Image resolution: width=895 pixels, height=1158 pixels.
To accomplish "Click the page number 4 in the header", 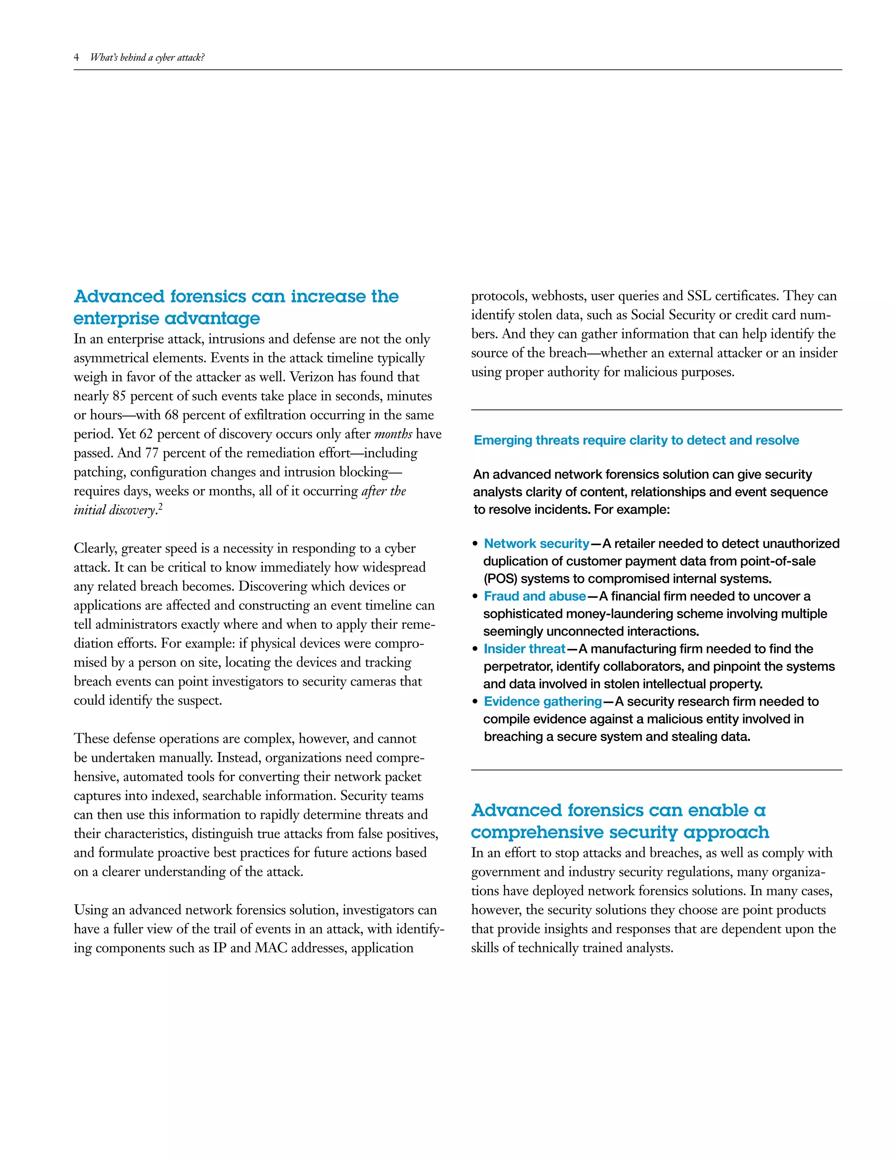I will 76,57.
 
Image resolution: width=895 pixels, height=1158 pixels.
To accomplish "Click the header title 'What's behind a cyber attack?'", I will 147,57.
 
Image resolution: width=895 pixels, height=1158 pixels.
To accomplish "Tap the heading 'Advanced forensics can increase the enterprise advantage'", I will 236,307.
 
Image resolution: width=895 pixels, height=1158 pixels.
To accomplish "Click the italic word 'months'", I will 393,434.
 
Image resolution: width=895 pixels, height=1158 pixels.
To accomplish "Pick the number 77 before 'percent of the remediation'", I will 152,453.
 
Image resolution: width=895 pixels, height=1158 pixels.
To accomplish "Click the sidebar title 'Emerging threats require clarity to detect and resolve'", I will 636,440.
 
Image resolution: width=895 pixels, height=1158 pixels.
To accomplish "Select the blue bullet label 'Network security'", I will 536,544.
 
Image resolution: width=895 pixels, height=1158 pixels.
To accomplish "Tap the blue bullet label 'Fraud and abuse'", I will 534,596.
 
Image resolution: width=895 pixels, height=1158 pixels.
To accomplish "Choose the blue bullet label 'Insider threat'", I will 524,648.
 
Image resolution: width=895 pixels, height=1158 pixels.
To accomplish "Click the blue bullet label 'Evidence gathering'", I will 542,701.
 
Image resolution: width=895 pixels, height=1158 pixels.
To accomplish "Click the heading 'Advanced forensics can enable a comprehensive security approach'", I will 619,822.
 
